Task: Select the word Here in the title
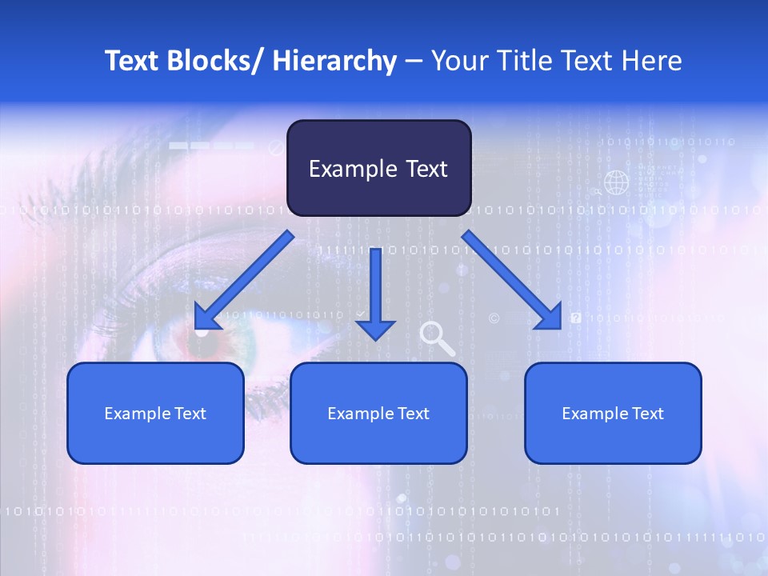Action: click(x=651, y=61)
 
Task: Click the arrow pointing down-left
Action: click(x=243, y=281)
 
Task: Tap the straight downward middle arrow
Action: click(x=375, y=293)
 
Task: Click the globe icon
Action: click(x=616, y=182)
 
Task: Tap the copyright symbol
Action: click(x=494, y=318)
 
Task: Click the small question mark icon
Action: click(x=576, y=318)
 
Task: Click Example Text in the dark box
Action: click(x=378, y=169)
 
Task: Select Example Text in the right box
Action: click(x=613, y=414)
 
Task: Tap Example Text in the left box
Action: click(x=155, y=414)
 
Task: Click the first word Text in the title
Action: click(x=133, y=61)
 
